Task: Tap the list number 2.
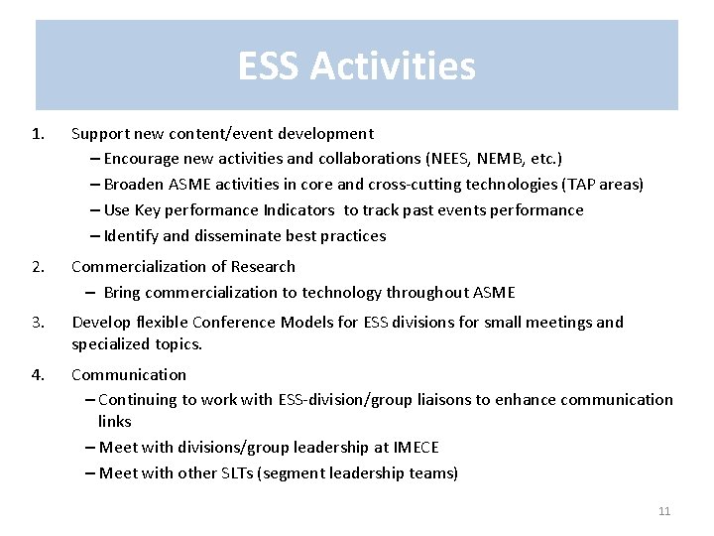(38, 266)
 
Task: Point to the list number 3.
(38, 322)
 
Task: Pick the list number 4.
(38, 374)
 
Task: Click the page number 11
(664, 511)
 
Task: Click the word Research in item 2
(263, 266)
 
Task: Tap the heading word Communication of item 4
(129, 374)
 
